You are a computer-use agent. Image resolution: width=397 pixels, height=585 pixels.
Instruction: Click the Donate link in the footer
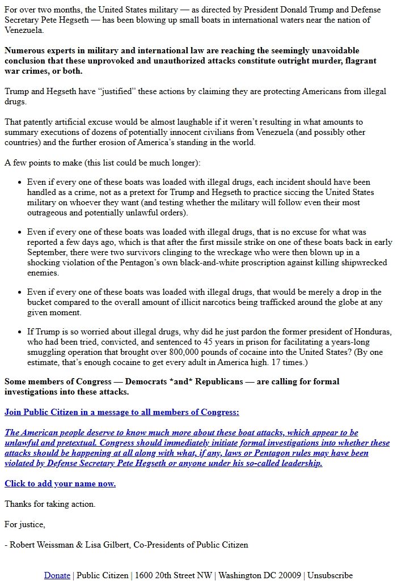(57, 575)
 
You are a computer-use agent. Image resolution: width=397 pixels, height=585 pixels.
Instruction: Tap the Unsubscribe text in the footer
(330, 575)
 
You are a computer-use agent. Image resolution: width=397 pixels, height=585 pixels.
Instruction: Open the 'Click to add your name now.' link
(60, 484)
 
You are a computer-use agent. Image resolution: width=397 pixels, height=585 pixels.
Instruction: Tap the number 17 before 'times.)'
(295, 362)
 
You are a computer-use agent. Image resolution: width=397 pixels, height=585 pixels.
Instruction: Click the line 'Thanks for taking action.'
(50, 504)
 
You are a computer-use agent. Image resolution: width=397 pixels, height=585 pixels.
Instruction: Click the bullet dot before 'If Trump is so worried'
(20, 332)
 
